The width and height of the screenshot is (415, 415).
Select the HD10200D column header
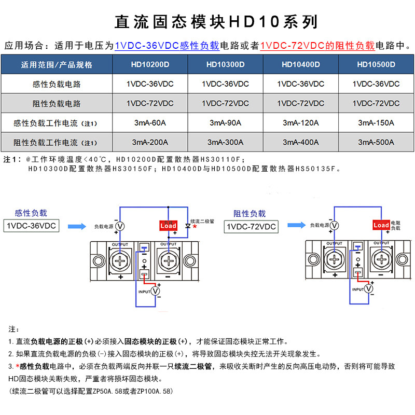150,65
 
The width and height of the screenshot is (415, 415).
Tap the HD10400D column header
300,65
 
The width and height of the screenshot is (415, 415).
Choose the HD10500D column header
376,65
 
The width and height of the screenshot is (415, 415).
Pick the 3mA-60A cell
150,123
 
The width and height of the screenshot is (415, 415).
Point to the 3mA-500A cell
376,142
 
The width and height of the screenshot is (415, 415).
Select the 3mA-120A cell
300,123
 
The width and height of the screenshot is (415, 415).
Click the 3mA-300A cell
225,142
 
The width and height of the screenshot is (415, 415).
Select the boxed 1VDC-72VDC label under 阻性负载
251,227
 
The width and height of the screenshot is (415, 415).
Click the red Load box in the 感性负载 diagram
168,226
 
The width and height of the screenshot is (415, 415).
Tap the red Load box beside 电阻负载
381,225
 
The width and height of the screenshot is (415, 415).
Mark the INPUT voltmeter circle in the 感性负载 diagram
155,292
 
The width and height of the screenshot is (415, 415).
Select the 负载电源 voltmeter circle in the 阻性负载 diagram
335,225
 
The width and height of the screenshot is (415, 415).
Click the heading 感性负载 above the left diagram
31,213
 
